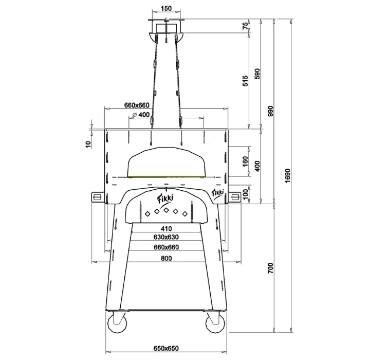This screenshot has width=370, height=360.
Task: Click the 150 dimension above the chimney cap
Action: [166, 9]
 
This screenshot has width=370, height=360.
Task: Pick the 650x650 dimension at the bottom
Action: [166, 348]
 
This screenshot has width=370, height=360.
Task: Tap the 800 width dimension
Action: [166, 258]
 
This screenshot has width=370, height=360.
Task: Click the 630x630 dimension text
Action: [166, 238]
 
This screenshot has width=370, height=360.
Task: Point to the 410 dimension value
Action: [166, 228]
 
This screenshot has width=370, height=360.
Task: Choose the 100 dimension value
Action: [246, 194]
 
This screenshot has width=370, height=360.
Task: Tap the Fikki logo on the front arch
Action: [166, 197]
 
